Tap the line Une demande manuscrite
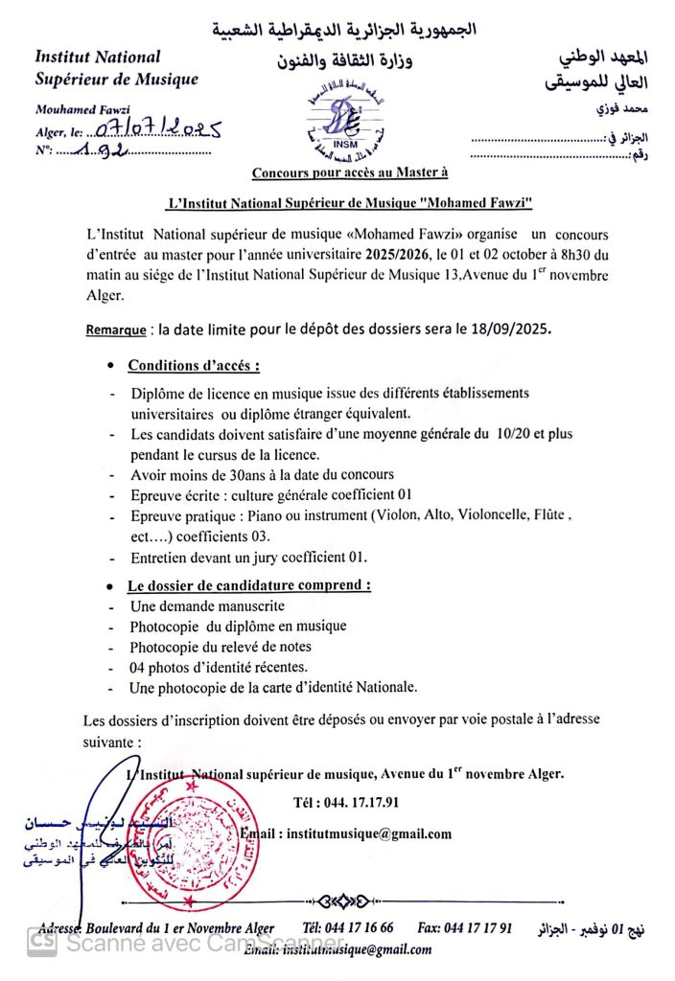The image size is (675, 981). [206, 606]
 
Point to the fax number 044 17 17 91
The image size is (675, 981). [478, 928]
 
